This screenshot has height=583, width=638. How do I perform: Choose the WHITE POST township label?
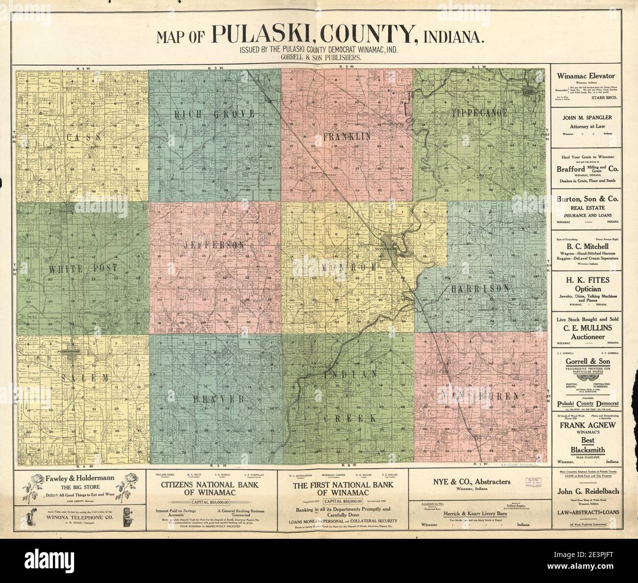click(83, 268)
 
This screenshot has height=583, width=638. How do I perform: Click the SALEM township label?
click(85, 377)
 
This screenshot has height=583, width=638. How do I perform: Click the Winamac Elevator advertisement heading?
click(587, 76)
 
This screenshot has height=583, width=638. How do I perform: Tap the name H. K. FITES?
click(587, 280)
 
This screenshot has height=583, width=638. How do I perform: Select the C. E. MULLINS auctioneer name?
click(587, 329)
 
